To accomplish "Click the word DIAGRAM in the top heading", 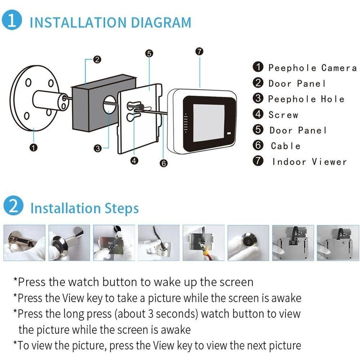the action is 161,23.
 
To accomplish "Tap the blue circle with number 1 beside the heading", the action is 12,20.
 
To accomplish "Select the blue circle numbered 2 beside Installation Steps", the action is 13,205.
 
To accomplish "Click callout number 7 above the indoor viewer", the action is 199,51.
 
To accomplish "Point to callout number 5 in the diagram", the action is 149,53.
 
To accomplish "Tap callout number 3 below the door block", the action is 98,148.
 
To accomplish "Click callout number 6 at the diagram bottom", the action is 164,163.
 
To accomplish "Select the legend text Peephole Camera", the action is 312,68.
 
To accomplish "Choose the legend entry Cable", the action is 286,146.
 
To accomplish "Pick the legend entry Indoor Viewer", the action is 310,162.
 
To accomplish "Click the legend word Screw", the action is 283,115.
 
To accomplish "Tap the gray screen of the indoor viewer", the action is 209,123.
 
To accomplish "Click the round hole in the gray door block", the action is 109,105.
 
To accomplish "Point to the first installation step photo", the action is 24,243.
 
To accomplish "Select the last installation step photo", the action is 338,243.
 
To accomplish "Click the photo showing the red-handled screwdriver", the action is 204,243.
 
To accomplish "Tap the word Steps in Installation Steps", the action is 122,208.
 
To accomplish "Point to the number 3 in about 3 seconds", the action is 151,314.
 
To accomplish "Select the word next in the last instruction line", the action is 256,346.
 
